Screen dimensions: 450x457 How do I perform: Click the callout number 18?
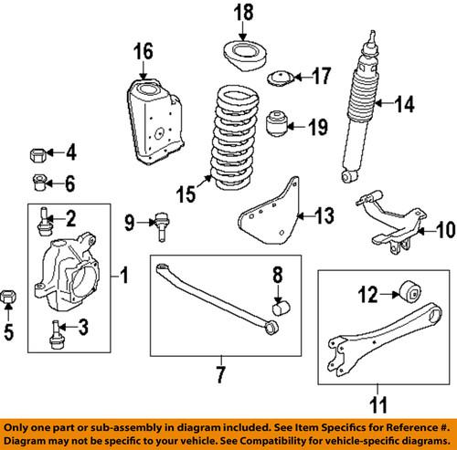(x=241, y=13)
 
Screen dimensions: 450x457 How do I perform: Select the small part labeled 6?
(x=39, y=181)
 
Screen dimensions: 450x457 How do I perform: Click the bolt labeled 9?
(x=162, y=223)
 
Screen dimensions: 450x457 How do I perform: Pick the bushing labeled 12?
(x=409, y=293)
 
